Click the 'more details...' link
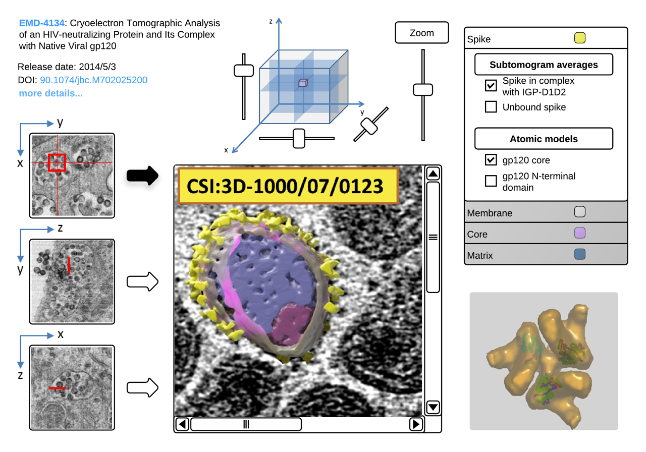tap(50, 93)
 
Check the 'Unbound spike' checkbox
tap(491, 107)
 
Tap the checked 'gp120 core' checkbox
tap(491, 160)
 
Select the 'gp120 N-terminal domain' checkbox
tap(491, 181)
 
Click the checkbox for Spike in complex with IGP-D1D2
tap(491, 86)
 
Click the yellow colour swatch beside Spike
tap(580, 38)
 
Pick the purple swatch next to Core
tap(580, 234)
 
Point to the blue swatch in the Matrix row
tap(580, 255)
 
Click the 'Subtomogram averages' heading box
tap(544, 65)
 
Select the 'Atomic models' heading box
tap(544, 139)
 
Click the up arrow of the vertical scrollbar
tap(433, 174)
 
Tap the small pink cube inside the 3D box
tap(302, 83)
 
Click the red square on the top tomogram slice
tap(57, 162)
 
